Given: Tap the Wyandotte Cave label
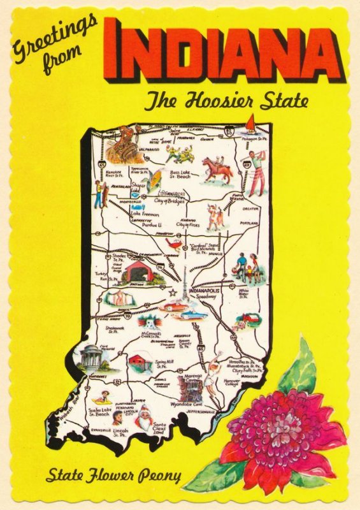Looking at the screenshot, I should pyautogui.click(x=187, y=404).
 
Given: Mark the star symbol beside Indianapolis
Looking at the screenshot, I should pyautogui.click(x=173, y=292).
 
